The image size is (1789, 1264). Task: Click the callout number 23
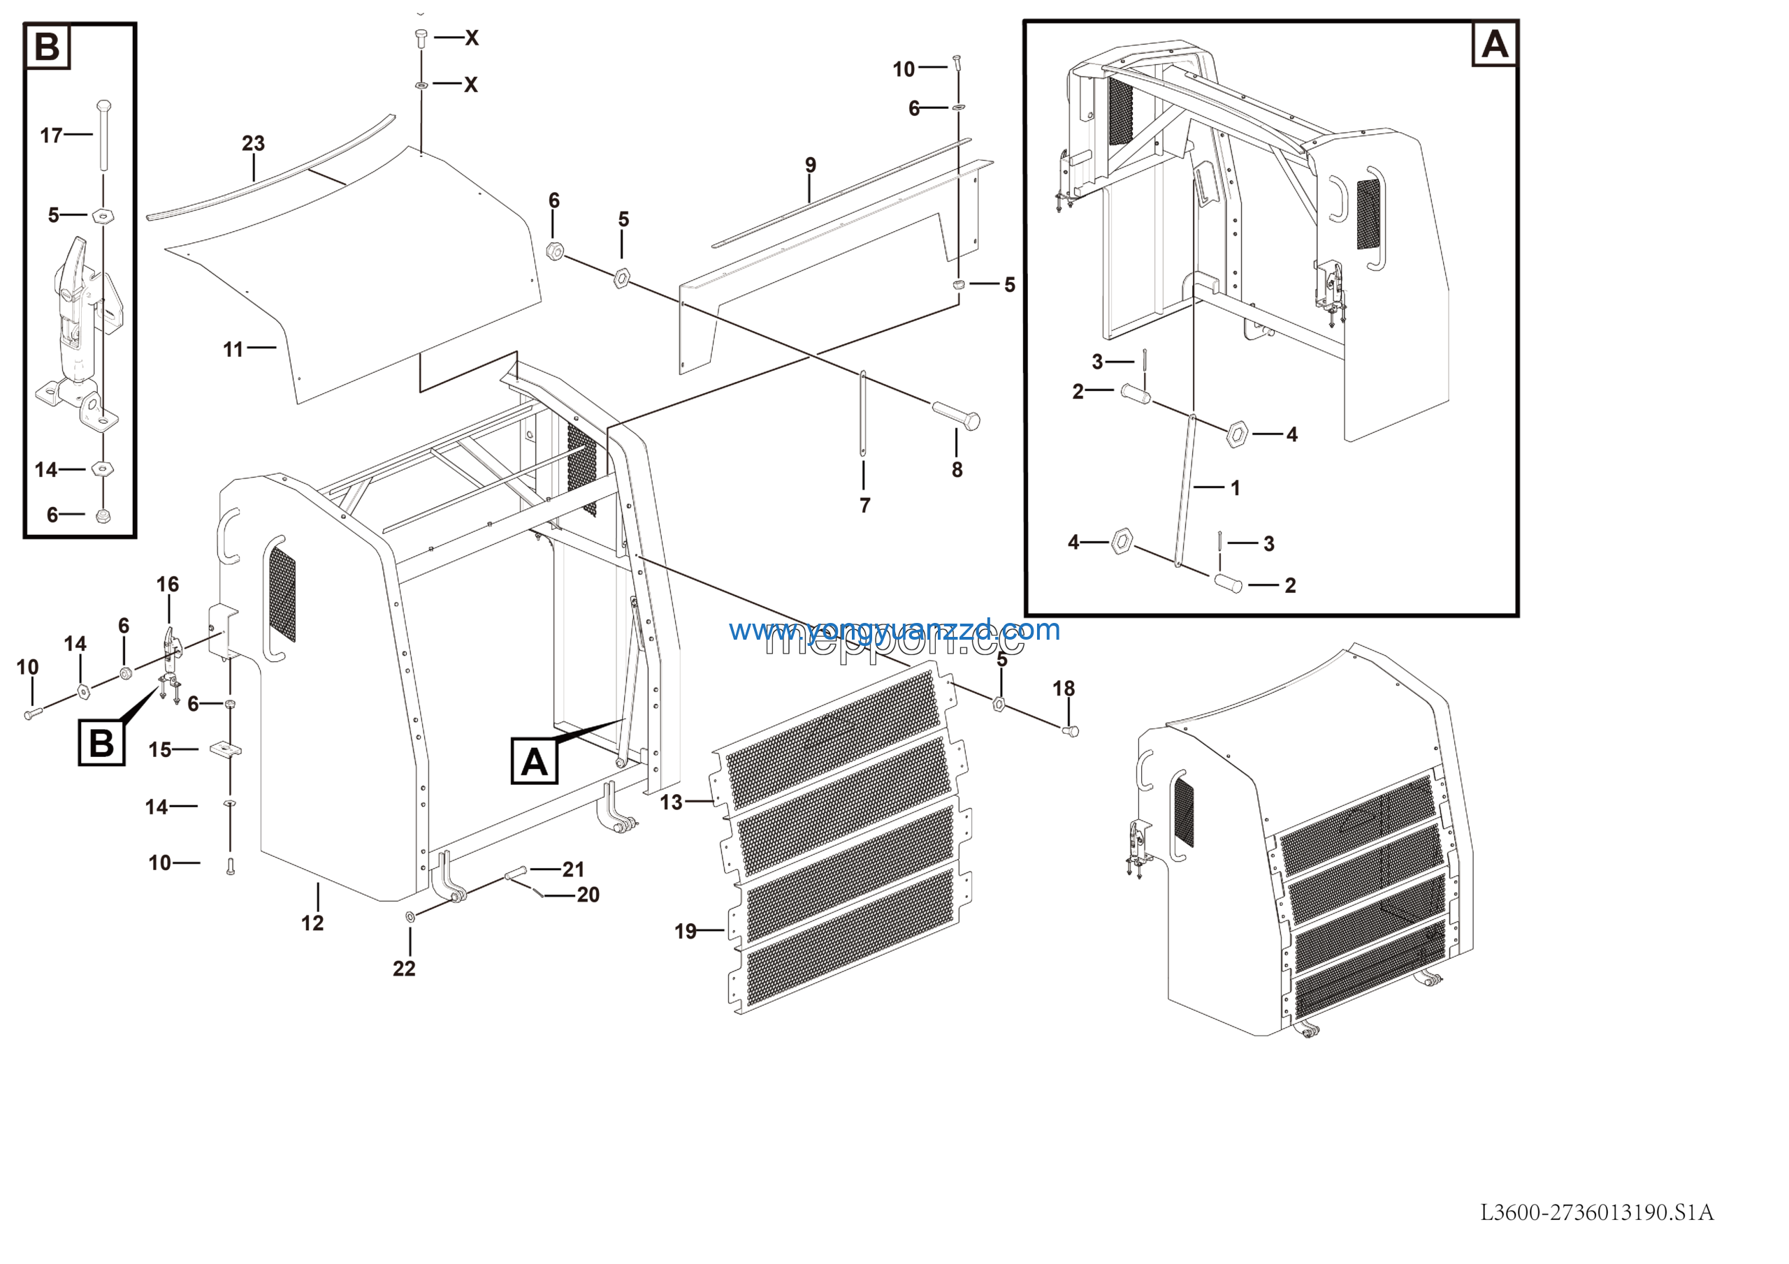coord(253,143)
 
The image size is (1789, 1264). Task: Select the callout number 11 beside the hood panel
coord(233,350)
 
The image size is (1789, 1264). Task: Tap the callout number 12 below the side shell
coord(312,923)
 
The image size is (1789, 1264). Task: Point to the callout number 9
coord(811,165)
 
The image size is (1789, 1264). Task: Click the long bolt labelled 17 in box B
coord(103,135)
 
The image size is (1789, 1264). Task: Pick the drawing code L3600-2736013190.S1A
coord(1597,1212)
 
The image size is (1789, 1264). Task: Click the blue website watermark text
coord(894,629)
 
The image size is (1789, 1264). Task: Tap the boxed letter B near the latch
coord(101,743)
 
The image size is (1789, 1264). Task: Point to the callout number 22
coord(404,968)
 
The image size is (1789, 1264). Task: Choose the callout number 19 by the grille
coord(686,932)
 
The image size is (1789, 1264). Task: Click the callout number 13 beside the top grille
coord(671,802)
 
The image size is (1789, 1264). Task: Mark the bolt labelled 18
coord(1071,730)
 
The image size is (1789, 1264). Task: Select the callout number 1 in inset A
coord(1235,488)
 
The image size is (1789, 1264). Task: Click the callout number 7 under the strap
coord(865,506)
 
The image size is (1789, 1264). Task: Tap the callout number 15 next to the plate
coord(160,750)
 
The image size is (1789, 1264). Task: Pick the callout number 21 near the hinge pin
coord(574,869)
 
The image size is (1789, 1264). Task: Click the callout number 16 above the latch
coord(168,584)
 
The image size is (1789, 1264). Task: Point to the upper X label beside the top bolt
coord(472,38)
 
